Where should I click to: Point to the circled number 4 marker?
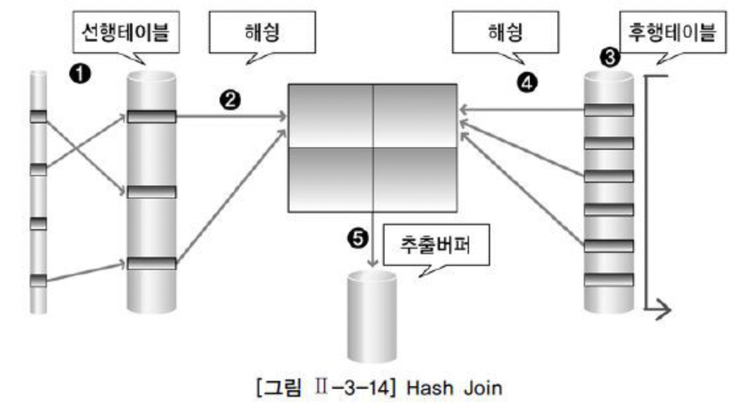tap(529, 82)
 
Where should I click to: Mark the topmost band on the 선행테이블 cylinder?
tap(152, 117)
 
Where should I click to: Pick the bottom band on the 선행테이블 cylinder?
tap(152, 263)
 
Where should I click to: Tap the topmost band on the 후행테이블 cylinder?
tap(609, 110)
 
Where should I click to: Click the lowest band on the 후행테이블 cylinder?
tap(609, 279)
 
